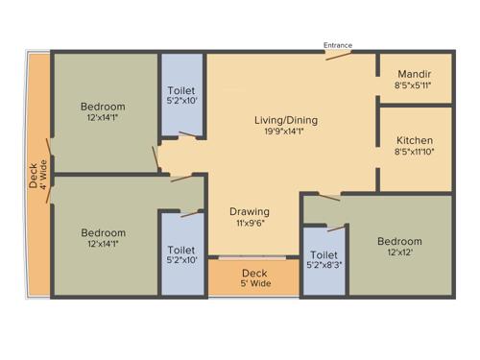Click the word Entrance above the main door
pyautogui.click(x=338, y=45)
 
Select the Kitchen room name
pyautogui.click(x=413, y=140)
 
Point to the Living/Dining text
pyautogui.click(x=285, y=120)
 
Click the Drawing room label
pyautogui.click(x=249, y=211)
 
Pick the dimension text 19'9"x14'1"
pyautogui.click(x=285, y=132)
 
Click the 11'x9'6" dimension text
pyautogui.click(x=249, y=224)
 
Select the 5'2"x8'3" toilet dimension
pyautogui.click(x=324, y=265)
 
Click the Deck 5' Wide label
pyautogui.click(x=254, y=278)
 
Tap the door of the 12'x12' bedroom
pyautogui.click(x=326, y=197)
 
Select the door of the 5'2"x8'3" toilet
pyautogui.click(x=336, y=228)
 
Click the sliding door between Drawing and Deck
pyautogui.click(x=254, y=257)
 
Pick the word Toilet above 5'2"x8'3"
pyautogui.click(x=324, y=253)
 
